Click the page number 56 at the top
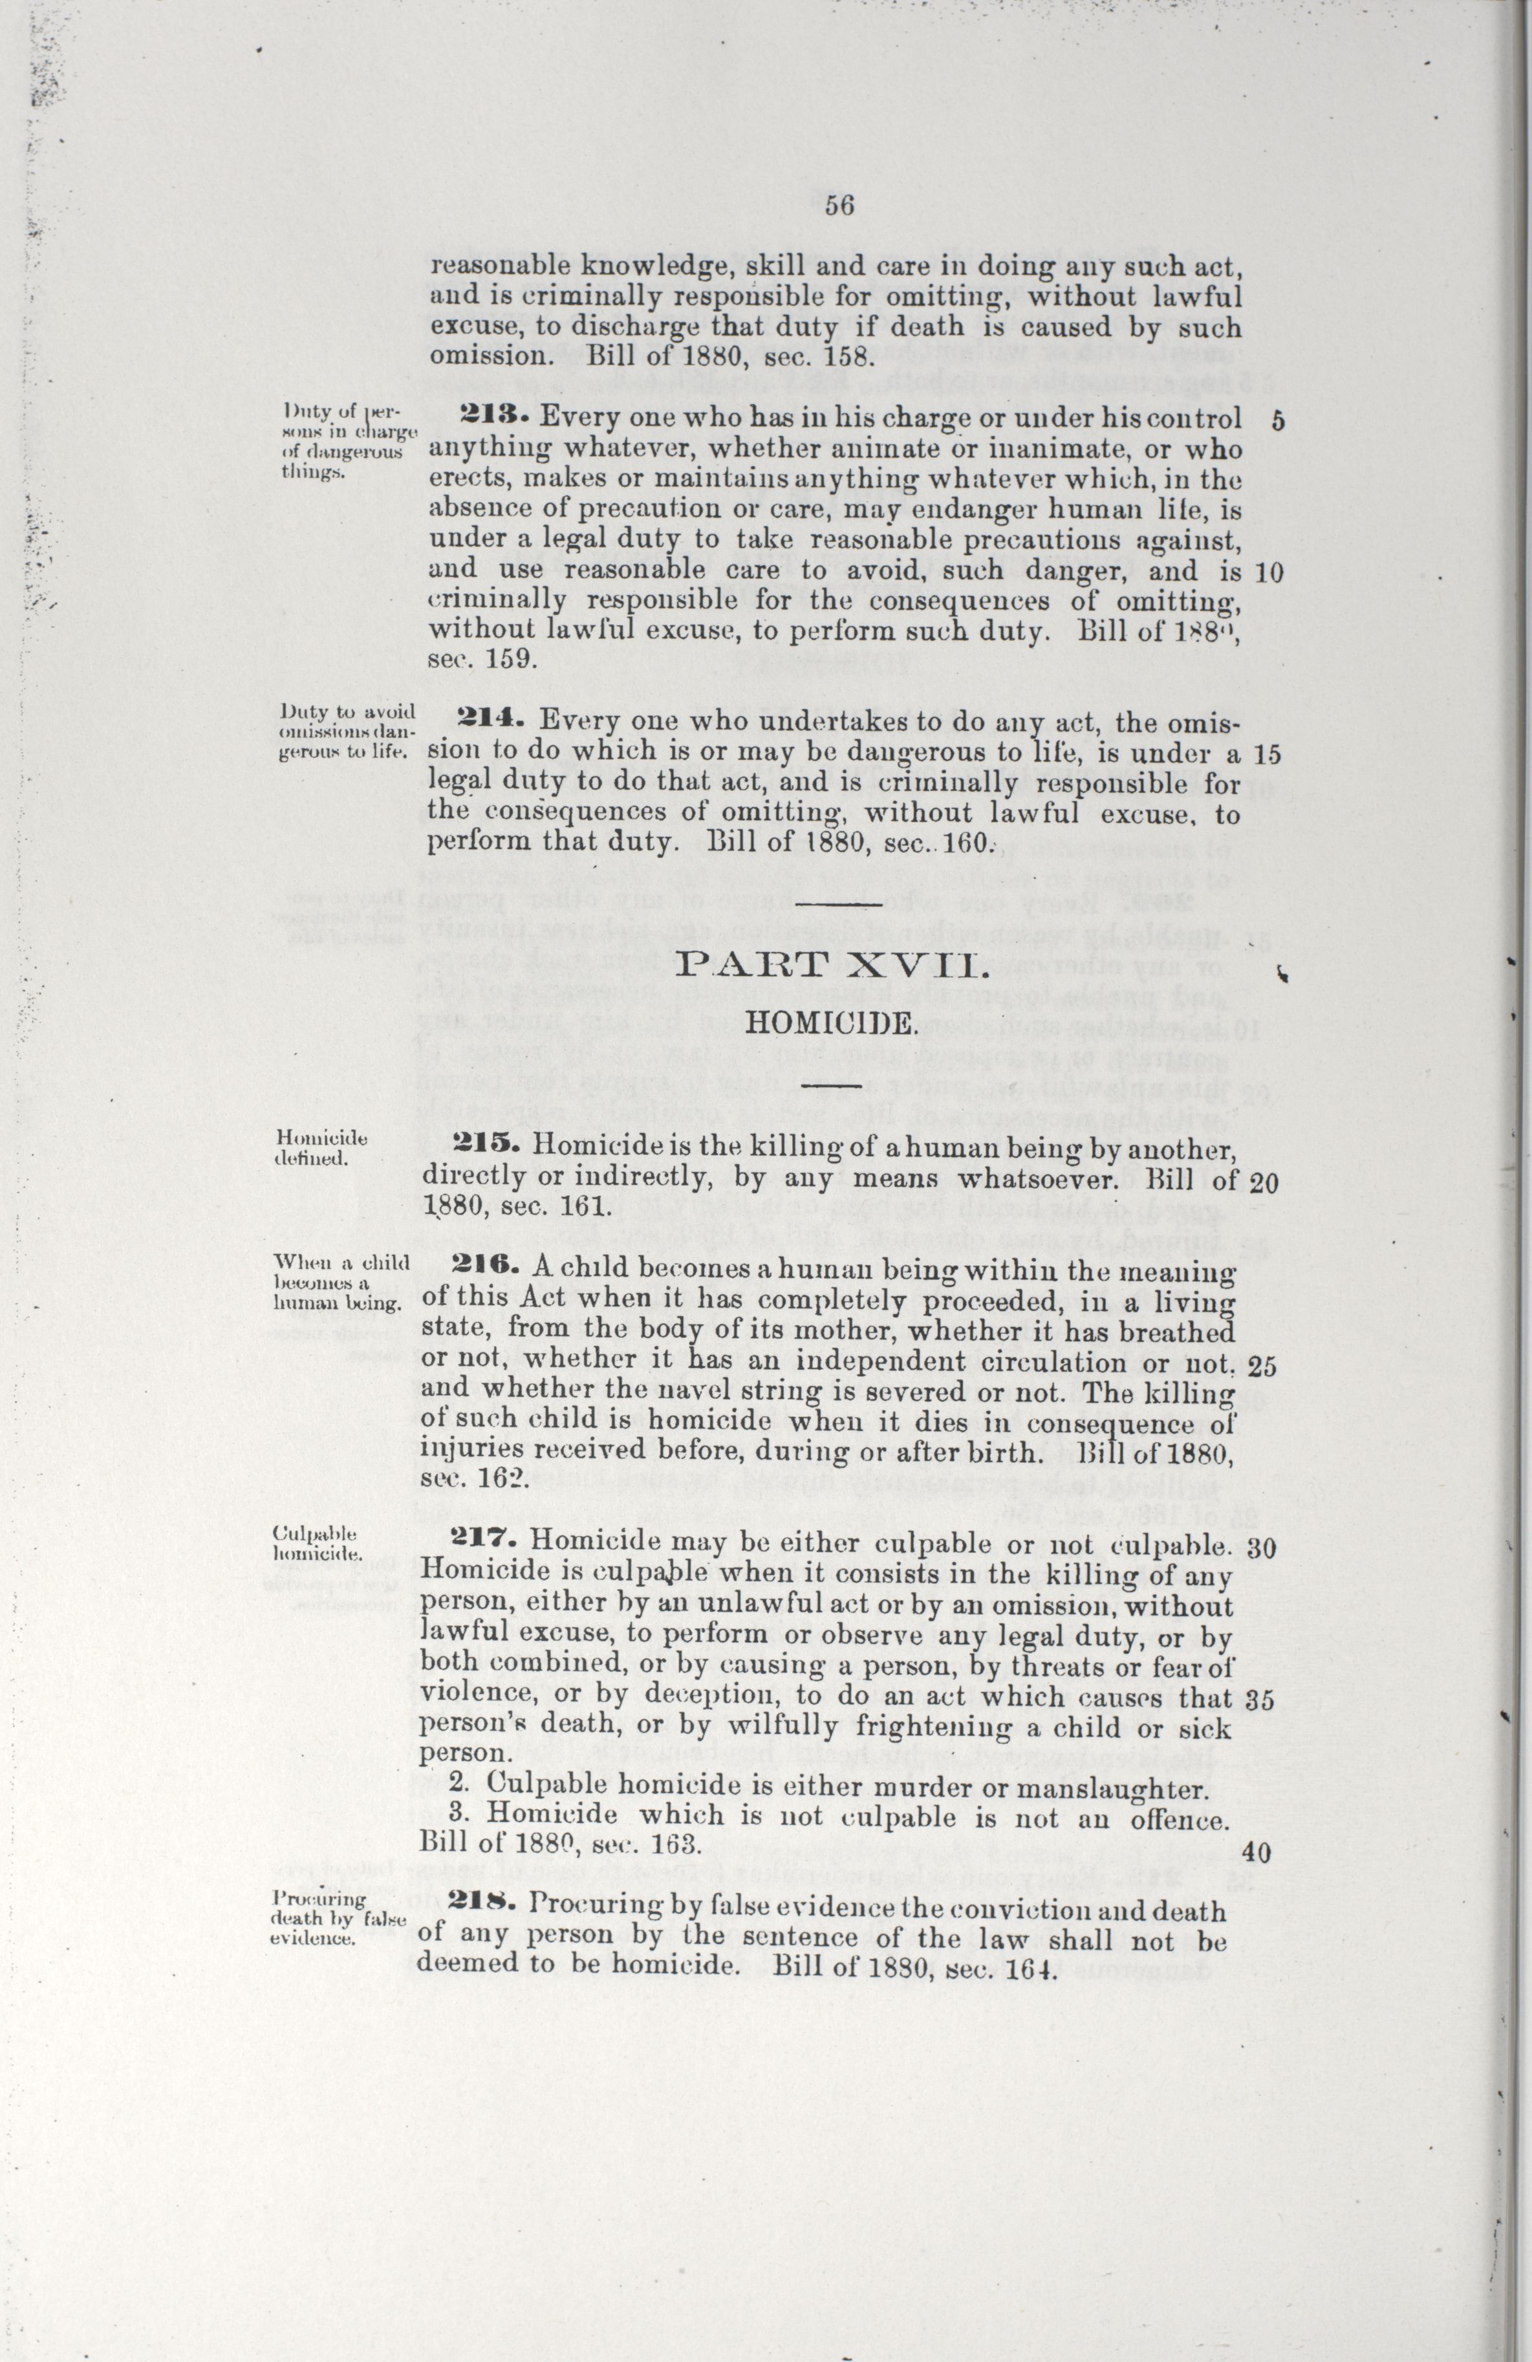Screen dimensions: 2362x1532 click(x=839, y=206)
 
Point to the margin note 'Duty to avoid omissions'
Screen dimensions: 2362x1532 click(x=345, y=730)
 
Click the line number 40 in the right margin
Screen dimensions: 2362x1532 click(x=1256, y=1851)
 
